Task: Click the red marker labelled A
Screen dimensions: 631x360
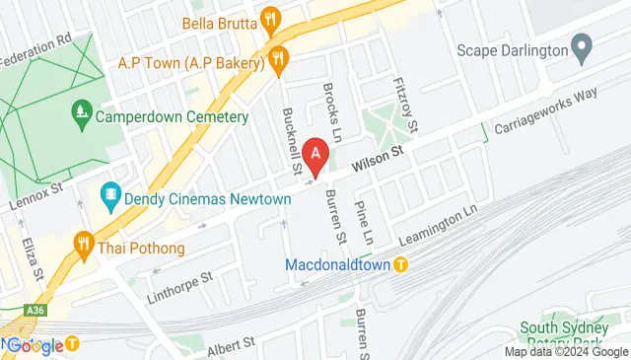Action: (315, 155)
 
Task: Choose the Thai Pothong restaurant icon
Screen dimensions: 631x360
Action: (84, 247)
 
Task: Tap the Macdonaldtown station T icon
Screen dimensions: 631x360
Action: (400, 264)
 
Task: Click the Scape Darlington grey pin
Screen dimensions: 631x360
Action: (582, 48)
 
